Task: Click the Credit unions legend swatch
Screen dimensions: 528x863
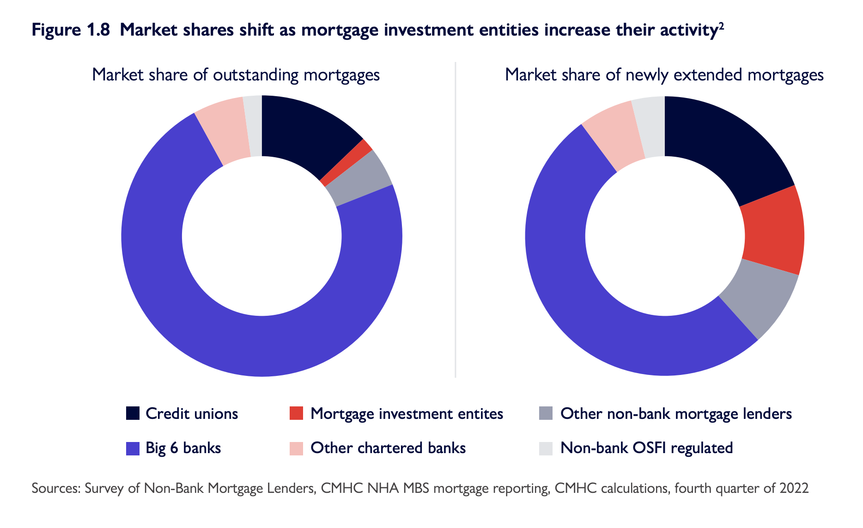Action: click(x=133, y=413)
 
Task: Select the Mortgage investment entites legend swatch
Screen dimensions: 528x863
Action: click(x=296, y=413)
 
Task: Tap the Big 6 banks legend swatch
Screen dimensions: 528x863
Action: click(x=133, y=448)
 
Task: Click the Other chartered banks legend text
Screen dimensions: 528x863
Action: click(x=388, y=448)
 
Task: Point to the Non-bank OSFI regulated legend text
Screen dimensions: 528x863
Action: click(x=646, y=448)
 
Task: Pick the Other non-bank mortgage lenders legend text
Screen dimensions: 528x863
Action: click(x=676, y=413)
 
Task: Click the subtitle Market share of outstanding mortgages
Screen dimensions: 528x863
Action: click(x=236, y=75)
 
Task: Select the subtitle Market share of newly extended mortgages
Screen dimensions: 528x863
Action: click(x=664, y=75)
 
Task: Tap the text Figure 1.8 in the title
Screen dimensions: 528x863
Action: click(x=71, y=30)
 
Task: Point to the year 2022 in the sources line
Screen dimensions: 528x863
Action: click(x=794, y=488)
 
